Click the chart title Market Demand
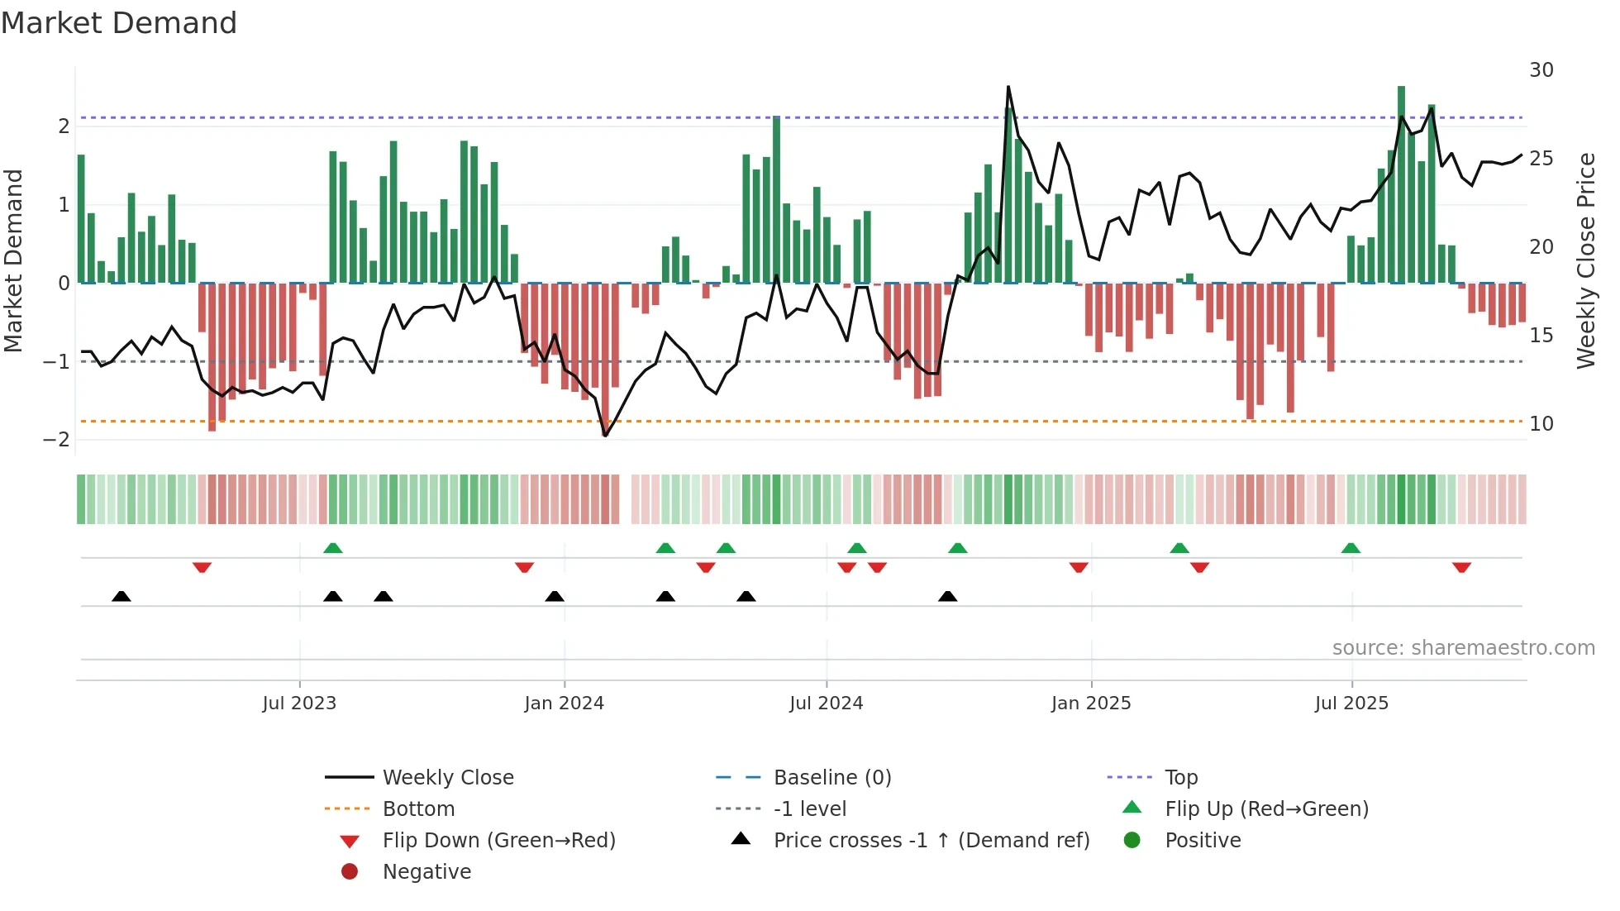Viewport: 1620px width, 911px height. (x=119, y=23)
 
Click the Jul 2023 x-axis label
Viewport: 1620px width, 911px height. (x=299, y=704)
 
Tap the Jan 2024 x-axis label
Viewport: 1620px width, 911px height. (x=564, y=704)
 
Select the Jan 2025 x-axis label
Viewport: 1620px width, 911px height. (x=1091, y=704)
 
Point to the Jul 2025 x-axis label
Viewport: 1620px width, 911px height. (x=1351, y=704)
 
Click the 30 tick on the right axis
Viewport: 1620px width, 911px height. (x=1541, y=70)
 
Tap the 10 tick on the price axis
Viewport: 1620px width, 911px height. (x=1541, y=424)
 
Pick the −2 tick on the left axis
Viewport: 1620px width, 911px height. (x=57, y=440)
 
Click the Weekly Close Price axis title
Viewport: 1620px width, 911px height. (x=1585, y=260)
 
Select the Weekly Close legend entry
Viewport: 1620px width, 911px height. (x=447, y=778)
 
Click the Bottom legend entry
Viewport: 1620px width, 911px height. (x=418, y=809)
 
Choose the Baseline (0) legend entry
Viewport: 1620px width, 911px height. (x=831, y=778)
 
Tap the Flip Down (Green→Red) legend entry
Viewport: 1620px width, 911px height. (x=498, y=841)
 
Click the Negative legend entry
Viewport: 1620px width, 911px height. (x=426, y=872)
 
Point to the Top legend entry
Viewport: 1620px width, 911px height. (x=1180, y=778)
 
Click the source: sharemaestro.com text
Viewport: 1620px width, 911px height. (x=1463, y=648)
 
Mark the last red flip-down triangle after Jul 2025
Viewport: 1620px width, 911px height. (x=1461, y=567)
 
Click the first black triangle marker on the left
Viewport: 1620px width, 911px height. (x=121, y=596)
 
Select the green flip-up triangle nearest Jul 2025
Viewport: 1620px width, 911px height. (x=1351, y=548)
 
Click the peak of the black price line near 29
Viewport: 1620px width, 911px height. (x=1008, y=87)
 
